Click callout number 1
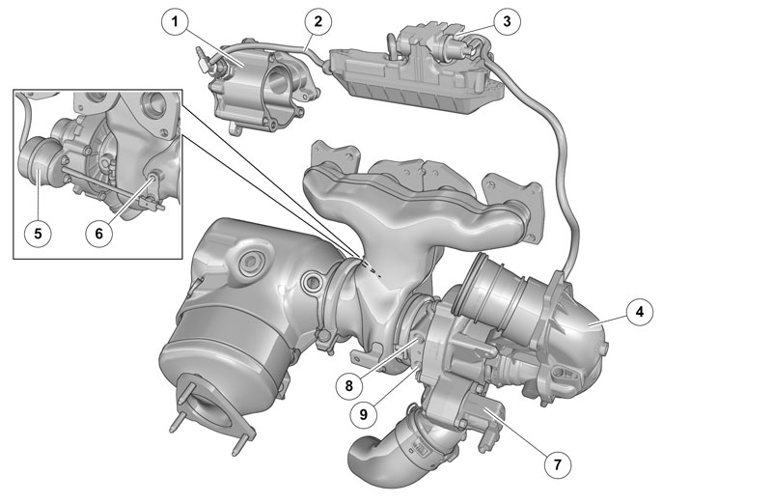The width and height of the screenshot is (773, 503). point(175,22)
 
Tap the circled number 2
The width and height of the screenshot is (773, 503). point(317,21)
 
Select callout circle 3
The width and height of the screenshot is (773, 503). point(508,21)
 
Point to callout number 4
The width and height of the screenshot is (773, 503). point(640,312)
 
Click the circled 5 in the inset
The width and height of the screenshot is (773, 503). point(38,233)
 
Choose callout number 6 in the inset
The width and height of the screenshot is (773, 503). point(98,233)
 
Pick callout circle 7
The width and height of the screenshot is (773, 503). point(558,464)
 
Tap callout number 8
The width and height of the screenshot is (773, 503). point(349,385)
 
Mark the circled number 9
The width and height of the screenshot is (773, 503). point(363,414)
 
